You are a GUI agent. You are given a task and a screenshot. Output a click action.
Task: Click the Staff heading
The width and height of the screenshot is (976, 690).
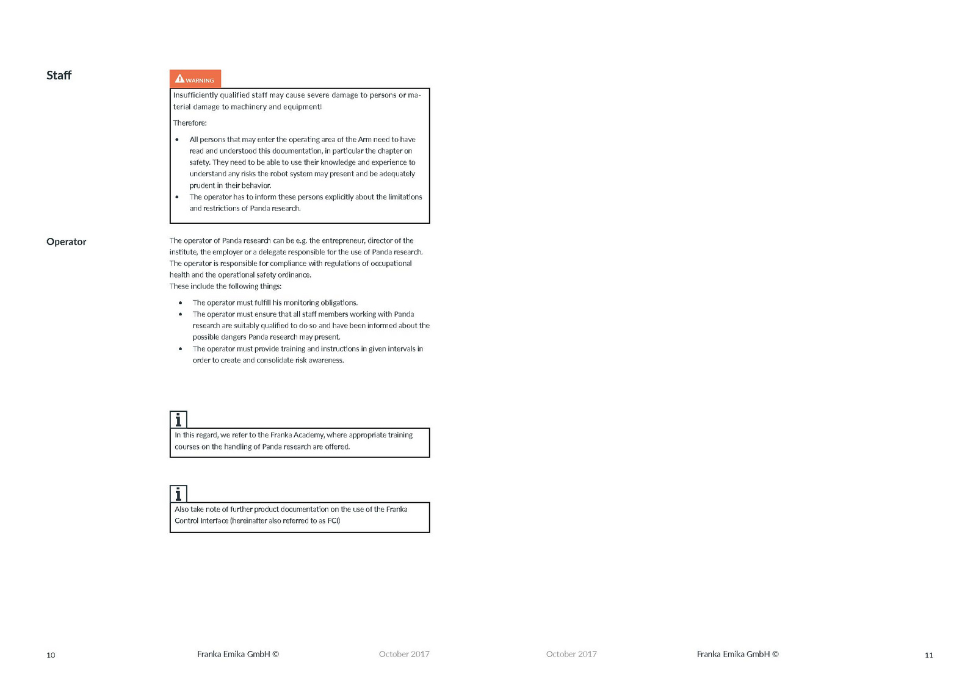[x=59, y=75]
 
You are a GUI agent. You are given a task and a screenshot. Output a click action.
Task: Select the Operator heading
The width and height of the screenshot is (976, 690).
[x=66, y=242]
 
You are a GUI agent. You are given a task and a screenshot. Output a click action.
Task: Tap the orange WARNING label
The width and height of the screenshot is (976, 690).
[x=195, y=79]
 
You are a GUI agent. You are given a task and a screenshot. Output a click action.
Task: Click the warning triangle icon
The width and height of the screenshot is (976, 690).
[x=179, y=78]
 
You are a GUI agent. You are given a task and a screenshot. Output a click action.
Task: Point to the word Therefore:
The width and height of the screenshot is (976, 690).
[x=190, y=123]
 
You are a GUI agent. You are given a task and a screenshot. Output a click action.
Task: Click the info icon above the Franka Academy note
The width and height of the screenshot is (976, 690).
[x=178, y=419]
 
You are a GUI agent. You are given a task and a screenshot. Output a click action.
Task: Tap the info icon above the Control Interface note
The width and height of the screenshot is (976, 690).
[x=178, y=494]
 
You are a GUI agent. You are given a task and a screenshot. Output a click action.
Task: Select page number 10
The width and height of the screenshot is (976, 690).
[x=51, y=655]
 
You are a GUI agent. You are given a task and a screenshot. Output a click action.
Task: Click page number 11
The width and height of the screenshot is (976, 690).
[x=928, y=655]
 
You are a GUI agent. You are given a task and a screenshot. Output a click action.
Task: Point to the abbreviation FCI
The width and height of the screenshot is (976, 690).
[x=333, y=520]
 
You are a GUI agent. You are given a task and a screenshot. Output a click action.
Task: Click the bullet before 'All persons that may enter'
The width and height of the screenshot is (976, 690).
[x=177, y=140]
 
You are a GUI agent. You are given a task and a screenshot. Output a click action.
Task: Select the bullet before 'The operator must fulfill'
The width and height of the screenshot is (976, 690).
[x=180, y=303]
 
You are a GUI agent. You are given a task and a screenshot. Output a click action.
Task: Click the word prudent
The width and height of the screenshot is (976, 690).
[x=202, y=185]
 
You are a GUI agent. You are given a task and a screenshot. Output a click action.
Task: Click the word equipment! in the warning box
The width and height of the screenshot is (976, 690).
[x=302, y=107]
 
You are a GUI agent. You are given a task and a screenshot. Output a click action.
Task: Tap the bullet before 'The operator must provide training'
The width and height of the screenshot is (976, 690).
[x=180, y=349]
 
